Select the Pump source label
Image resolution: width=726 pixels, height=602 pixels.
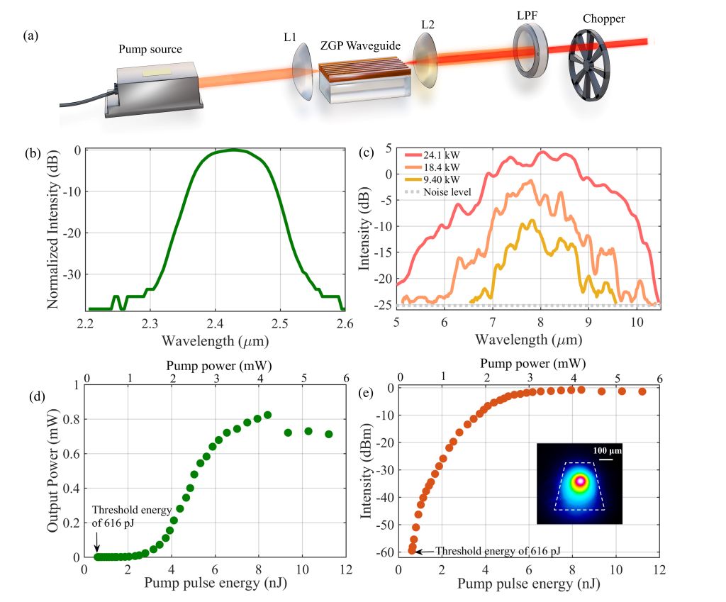click(150, 50)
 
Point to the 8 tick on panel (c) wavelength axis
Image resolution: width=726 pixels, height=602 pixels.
click(540, 323)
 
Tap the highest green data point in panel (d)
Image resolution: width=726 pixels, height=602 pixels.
click(267, 415)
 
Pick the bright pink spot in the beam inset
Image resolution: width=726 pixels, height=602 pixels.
click(580, 481)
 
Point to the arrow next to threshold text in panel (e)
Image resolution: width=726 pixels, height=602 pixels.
click(423, 551)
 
